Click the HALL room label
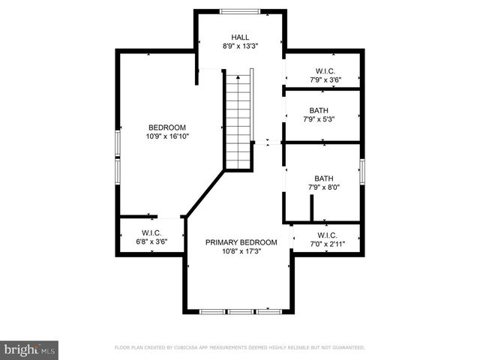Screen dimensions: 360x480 coord(240,37)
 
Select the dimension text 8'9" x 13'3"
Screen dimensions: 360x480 coord(240,46)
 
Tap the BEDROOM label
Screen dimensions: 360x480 coord(167,127)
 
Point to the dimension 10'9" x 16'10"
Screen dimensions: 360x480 coord(167,136)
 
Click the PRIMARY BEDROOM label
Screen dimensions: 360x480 coord(241,242)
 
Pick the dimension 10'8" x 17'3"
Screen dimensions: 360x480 coord(241,251)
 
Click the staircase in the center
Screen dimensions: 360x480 coord(239,120)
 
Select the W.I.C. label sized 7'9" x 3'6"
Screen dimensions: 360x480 coord(325,70)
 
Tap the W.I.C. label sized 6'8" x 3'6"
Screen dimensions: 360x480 coord(151,232)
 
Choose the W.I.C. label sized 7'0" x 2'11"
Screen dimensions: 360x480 coord(327,235)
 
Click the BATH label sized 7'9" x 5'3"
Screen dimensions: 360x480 coord(319,110)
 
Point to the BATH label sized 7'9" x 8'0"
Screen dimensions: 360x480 coord(324,178)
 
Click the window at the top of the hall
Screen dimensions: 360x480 coord(240,10)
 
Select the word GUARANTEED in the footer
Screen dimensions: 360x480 coord(346,348)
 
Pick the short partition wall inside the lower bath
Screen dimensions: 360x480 coord(310,208)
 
